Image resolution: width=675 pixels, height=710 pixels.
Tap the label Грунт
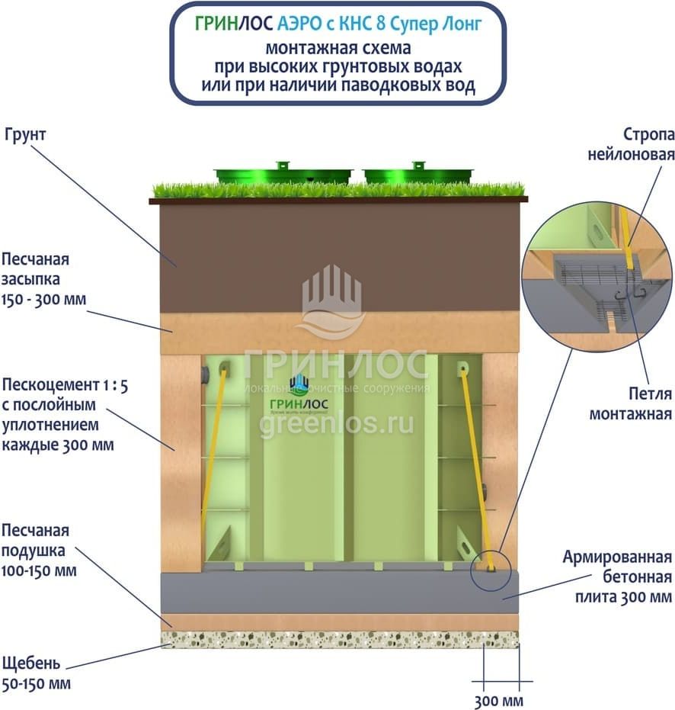[x=25, y=135]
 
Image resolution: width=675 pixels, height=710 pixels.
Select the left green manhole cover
[x=283, y=174]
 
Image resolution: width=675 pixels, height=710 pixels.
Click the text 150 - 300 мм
[x=44, y=299]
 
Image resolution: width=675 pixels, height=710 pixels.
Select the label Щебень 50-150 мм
[x=37, y=673]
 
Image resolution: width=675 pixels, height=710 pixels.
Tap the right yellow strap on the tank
[x=475, y=465]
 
